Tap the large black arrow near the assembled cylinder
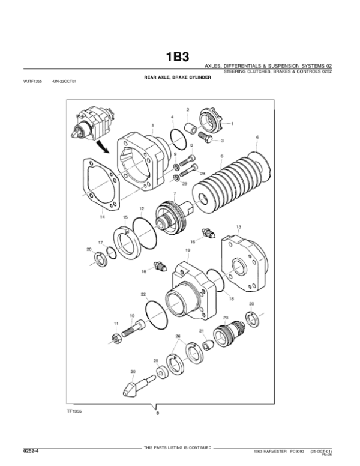point(104,146)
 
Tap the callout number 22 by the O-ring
point(143,295)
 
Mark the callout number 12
point(142,208)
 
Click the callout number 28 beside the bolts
point(202,173)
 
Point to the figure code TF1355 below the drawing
point(74,412)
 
